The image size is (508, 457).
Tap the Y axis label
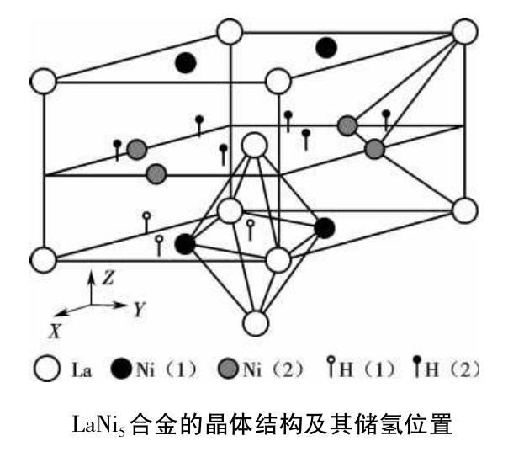tap(140, 308)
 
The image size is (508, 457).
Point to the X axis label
tap(56, 331)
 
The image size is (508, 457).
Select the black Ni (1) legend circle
tap(120, 368)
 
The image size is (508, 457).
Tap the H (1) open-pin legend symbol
tap(331, 368)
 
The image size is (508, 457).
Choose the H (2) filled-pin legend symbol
tap(415, 368)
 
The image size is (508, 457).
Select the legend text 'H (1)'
tap(367, 369)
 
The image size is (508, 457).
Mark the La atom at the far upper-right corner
tap(465, 32)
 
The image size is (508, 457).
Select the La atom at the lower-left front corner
tap(43, 258)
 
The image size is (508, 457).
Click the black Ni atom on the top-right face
tap(326, 47)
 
